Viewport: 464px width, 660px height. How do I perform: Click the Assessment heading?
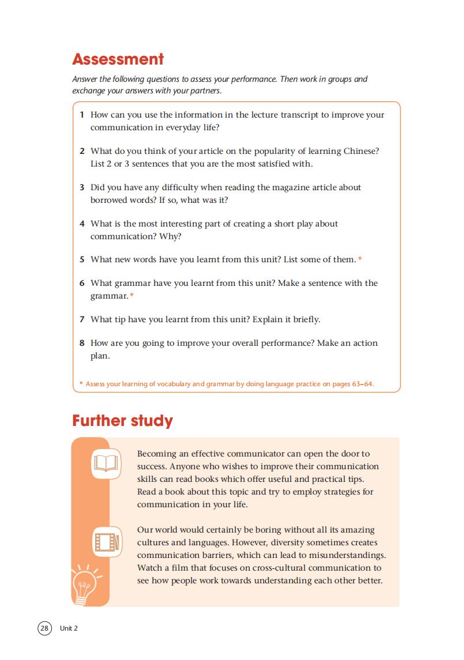point(118,59)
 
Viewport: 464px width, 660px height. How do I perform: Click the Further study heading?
point(122,421)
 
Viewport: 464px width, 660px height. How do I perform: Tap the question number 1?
point(82,115)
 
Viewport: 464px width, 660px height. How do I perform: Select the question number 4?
point(82,224)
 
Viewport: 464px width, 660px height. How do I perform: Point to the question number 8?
point(82,343)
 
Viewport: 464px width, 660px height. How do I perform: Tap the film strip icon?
point(107,542)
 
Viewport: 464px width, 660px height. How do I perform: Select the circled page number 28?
point(44,628)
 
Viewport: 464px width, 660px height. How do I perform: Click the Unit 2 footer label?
point(69,628)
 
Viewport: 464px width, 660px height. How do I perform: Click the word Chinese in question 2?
point(360,151)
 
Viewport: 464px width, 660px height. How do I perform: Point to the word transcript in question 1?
point(300,115)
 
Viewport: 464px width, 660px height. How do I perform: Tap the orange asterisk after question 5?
point(360,260)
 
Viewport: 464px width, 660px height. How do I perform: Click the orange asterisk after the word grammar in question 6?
point(131,296)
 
